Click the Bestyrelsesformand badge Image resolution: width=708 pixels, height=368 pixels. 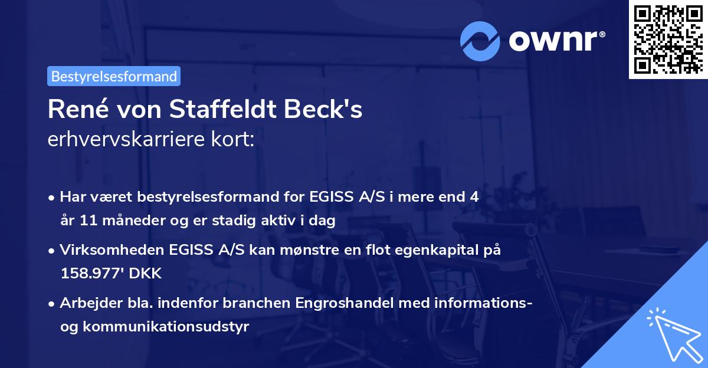(x=114, y=76)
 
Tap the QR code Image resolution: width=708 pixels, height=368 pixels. (x=667, y=40)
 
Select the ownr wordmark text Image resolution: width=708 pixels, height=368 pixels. (x=554, y=41)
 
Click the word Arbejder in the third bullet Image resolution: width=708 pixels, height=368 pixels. (x=87, y=304)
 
